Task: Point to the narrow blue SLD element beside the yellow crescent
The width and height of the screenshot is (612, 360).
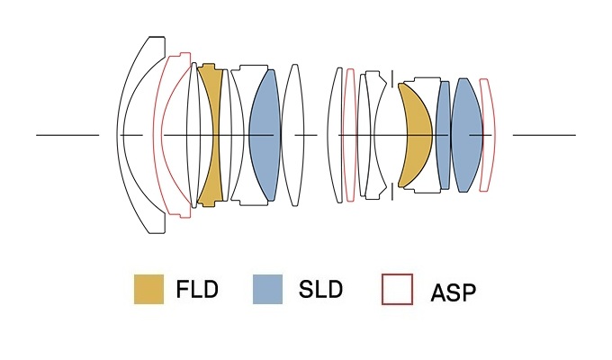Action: pyautogui.click(x=443, y=135)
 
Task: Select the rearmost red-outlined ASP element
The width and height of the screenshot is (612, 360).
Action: pyautogui.click(x=487, y=135)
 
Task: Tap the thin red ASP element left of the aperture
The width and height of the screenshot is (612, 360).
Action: pyautogui.click(x=350, y=135)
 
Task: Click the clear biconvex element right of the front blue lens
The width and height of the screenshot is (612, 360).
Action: pyautogui.click(x=292, y=135)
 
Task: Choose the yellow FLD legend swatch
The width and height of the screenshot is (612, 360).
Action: pyautogui.click(x=148, y=290)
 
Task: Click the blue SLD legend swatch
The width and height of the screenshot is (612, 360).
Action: pyautogui.click(x=268, y=290)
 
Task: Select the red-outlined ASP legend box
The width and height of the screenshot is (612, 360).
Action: pyautogui.click(x=397, y=290)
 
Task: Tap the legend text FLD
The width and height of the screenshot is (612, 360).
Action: pyautogui.click(x=198, y=291)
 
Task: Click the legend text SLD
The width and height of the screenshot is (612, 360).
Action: pyautogui.click(x=319, y=291)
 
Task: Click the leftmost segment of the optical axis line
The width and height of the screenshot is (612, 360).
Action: pyautogui.click(x=67, y=135)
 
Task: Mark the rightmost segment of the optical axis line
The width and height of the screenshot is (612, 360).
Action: pyautogui.click(x=544, y=135)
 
